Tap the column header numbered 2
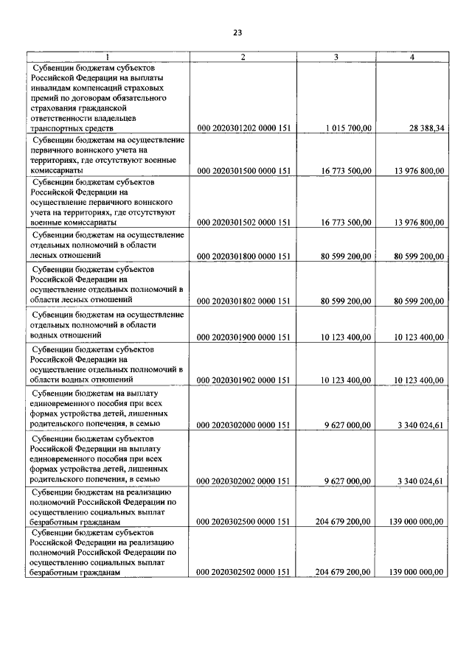click(x=243, y=57)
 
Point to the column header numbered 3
click(x=336, y=57)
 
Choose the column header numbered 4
click(x=412, y=57)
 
